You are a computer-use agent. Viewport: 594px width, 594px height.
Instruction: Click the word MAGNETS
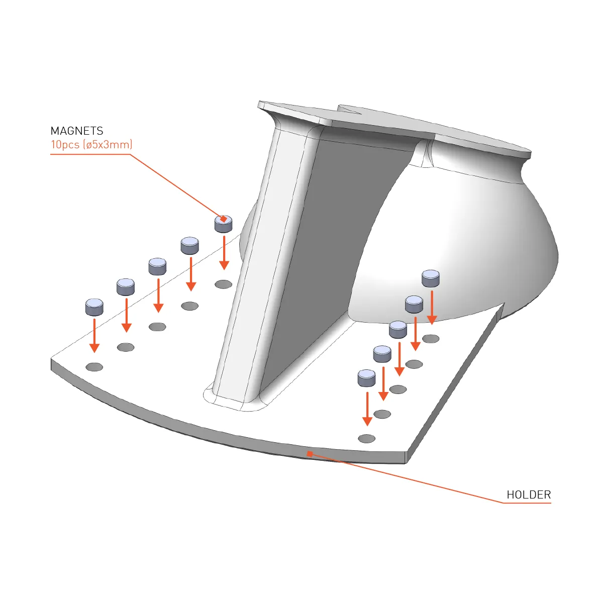pyautogui.click(x=77, y=131)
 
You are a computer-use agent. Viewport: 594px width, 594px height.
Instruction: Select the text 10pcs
pyautogui.click(x=65, y=145)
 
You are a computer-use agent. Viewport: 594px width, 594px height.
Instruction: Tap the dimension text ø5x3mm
pyautogui.click(x=108, y=145)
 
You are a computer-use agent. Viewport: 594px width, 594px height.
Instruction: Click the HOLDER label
pyautogui.click(x=529, y=494)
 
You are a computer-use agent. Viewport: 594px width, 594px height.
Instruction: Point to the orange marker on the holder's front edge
pyautogui.click(x=310, y=453)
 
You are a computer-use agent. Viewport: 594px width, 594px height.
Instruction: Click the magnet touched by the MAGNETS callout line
pyautogui.click(x=224, y=224)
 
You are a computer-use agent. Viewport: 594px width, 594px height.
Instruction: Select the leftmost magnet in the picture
pyautogui.click(x=94, y=307)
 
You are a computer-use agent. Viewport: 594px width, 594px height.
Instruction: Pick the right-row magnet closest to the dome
pyautogui.click(x=431, y=278)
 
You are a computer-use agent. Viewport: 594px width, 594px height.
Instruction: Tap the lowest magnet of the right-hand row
pyautogui.click(x=367, y=378)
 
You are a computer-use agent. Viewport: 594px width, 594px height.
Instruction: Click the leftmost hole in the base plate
pyautogui.click(x=94, y=367)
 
